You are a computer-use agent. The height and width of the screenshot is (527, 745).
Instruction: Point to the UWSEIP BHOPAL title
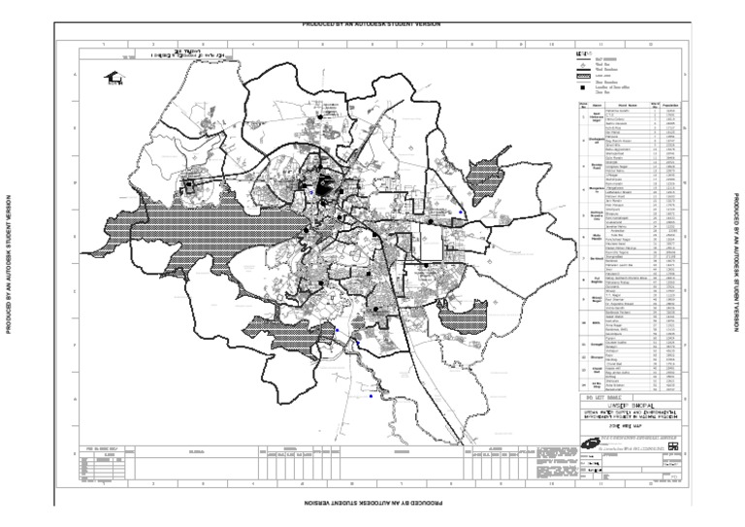626,405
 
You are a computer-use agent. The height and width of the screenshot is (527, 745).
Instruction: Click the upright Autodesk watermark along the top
372,23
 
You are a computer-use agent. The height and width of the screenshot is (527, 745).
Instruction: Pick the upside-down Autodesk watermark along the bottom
372,503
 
